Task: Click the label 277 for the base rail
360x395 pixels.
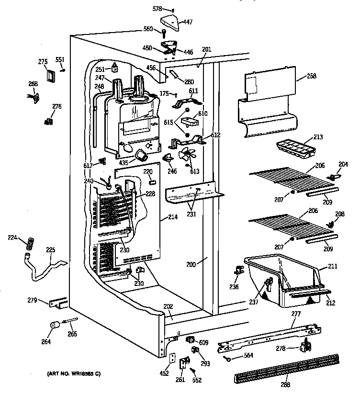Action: pyautogui.click(x=296, y=314)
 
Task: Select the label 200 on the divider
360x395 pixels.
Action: pyautogui.click(x=191, y=264)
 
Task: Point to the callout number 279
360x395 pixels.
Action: pyautogui.click(x=32, y=300)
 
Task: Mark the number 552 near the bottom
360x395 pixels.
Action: pyautogui.click(x=197, y=380)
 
